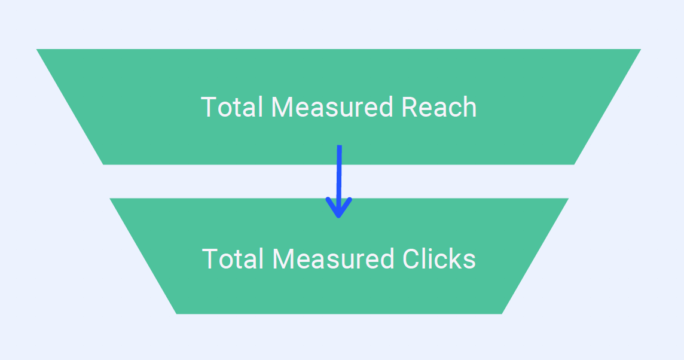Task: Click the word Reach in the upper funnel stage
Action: click(439, 108)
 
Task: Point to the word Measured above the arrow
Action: click(332, 108)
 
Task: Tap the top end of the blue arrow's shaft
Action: click(339, 147)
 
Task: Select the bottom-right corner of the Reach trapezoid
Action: click(573, 163)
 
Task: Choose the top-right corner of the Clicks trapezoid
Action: click(567, 199)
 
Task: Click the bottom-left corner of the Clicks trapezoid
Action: click(177, 313)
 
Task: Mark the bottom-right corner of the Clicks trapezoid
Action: click(501, 313)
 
